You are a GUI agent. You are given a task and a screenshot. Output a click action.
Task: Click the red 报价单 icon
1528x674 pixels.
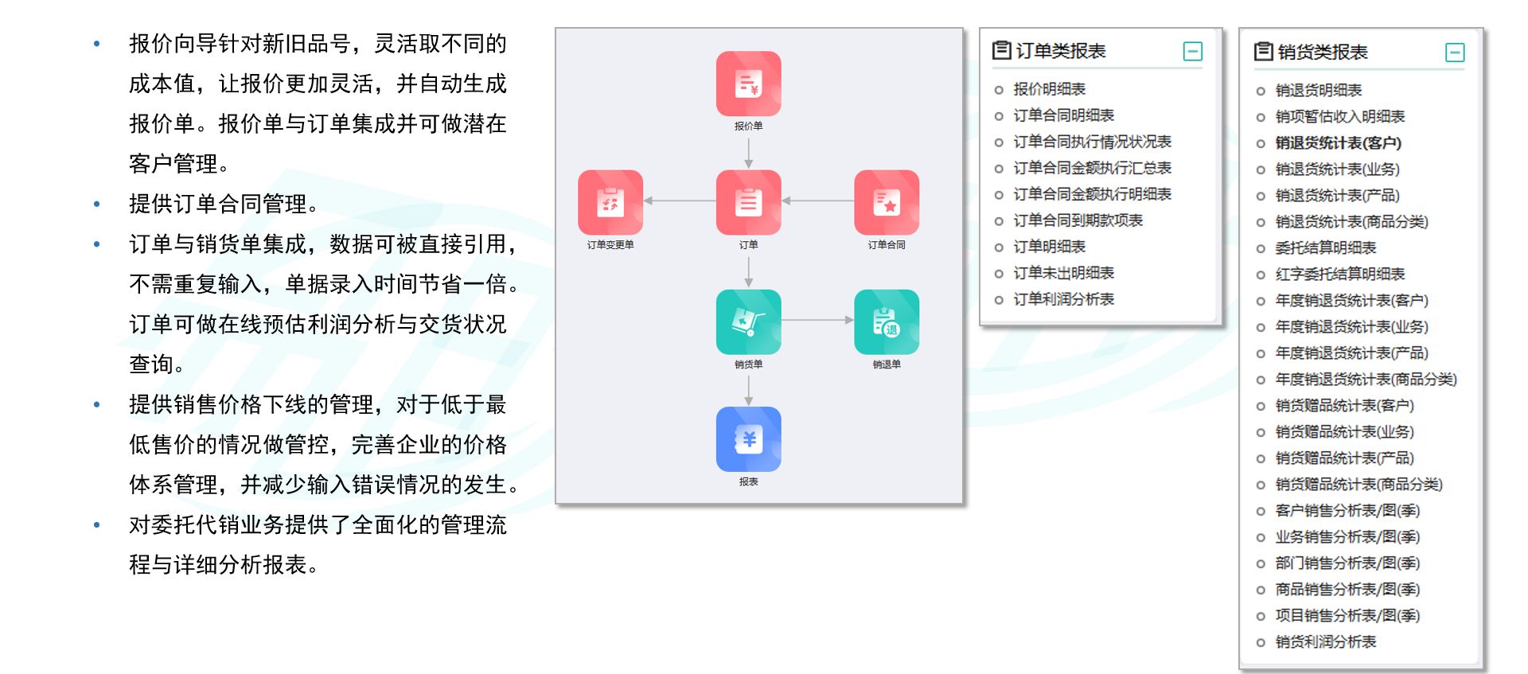(748, 84)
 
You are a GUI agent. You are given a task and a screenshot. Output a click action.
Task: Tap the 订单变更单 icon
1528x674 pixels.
(610, 202)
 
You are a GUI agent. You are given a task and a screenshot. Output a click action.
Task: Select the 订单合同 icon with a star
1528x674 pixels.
(887, 202)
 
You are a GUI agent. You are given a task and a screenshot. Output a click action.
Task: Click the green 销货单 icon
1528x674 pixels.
(748, 321)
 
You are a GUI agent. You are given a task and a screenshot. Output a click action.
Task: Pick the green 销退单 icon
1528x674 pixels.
(887, 321)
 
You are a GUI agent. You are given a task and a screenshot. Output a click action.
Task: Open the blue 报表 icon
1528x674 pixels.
(748, 439)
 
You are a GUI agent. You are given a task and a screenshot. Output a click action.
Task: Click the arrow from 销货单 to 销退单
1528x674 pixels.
(817, 320)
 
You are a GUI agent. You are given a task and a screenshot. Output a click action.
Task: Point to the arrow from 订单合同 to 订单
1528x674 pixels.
(817, 201)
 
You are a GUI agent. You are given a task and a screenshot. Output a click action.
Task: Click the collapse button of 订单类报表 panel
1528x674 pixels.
(1192, 52)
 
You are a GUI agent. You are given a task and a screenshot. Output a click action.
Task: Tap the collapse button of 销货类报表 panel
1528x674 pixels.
(1454, 53)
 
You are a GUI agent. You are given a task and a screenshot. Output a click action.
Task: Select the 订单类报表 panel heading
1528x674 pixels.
(1060, 51)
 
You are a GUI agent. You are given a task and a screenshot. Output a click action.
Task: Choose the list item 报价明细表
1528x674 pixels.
(1049, 89)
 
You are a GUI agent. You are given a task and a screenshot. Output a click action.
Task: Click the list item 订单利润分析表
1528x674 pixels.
(1063, 299)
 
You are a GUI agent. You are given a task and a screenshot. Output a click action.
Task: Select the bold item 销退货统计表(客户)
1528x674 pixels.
(1338, 143)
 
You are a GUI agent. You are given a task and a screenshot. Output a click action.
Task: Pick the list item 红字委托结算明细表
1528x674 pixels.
(1339, 275)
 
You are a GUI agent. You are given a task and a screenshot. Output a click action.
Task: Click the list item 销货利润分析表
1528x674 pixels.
(1325, 642)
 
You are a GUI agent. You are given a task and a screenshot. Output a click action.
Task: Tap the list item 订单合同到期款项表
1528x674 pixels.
(1078, 220)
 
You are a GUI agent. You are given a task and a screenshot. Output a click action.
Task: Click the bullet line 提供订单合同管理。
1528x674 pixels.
(224, 205)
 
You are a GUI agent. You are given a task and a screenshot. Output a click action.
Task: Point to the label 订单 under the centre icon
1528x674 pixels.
(748, 245)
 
